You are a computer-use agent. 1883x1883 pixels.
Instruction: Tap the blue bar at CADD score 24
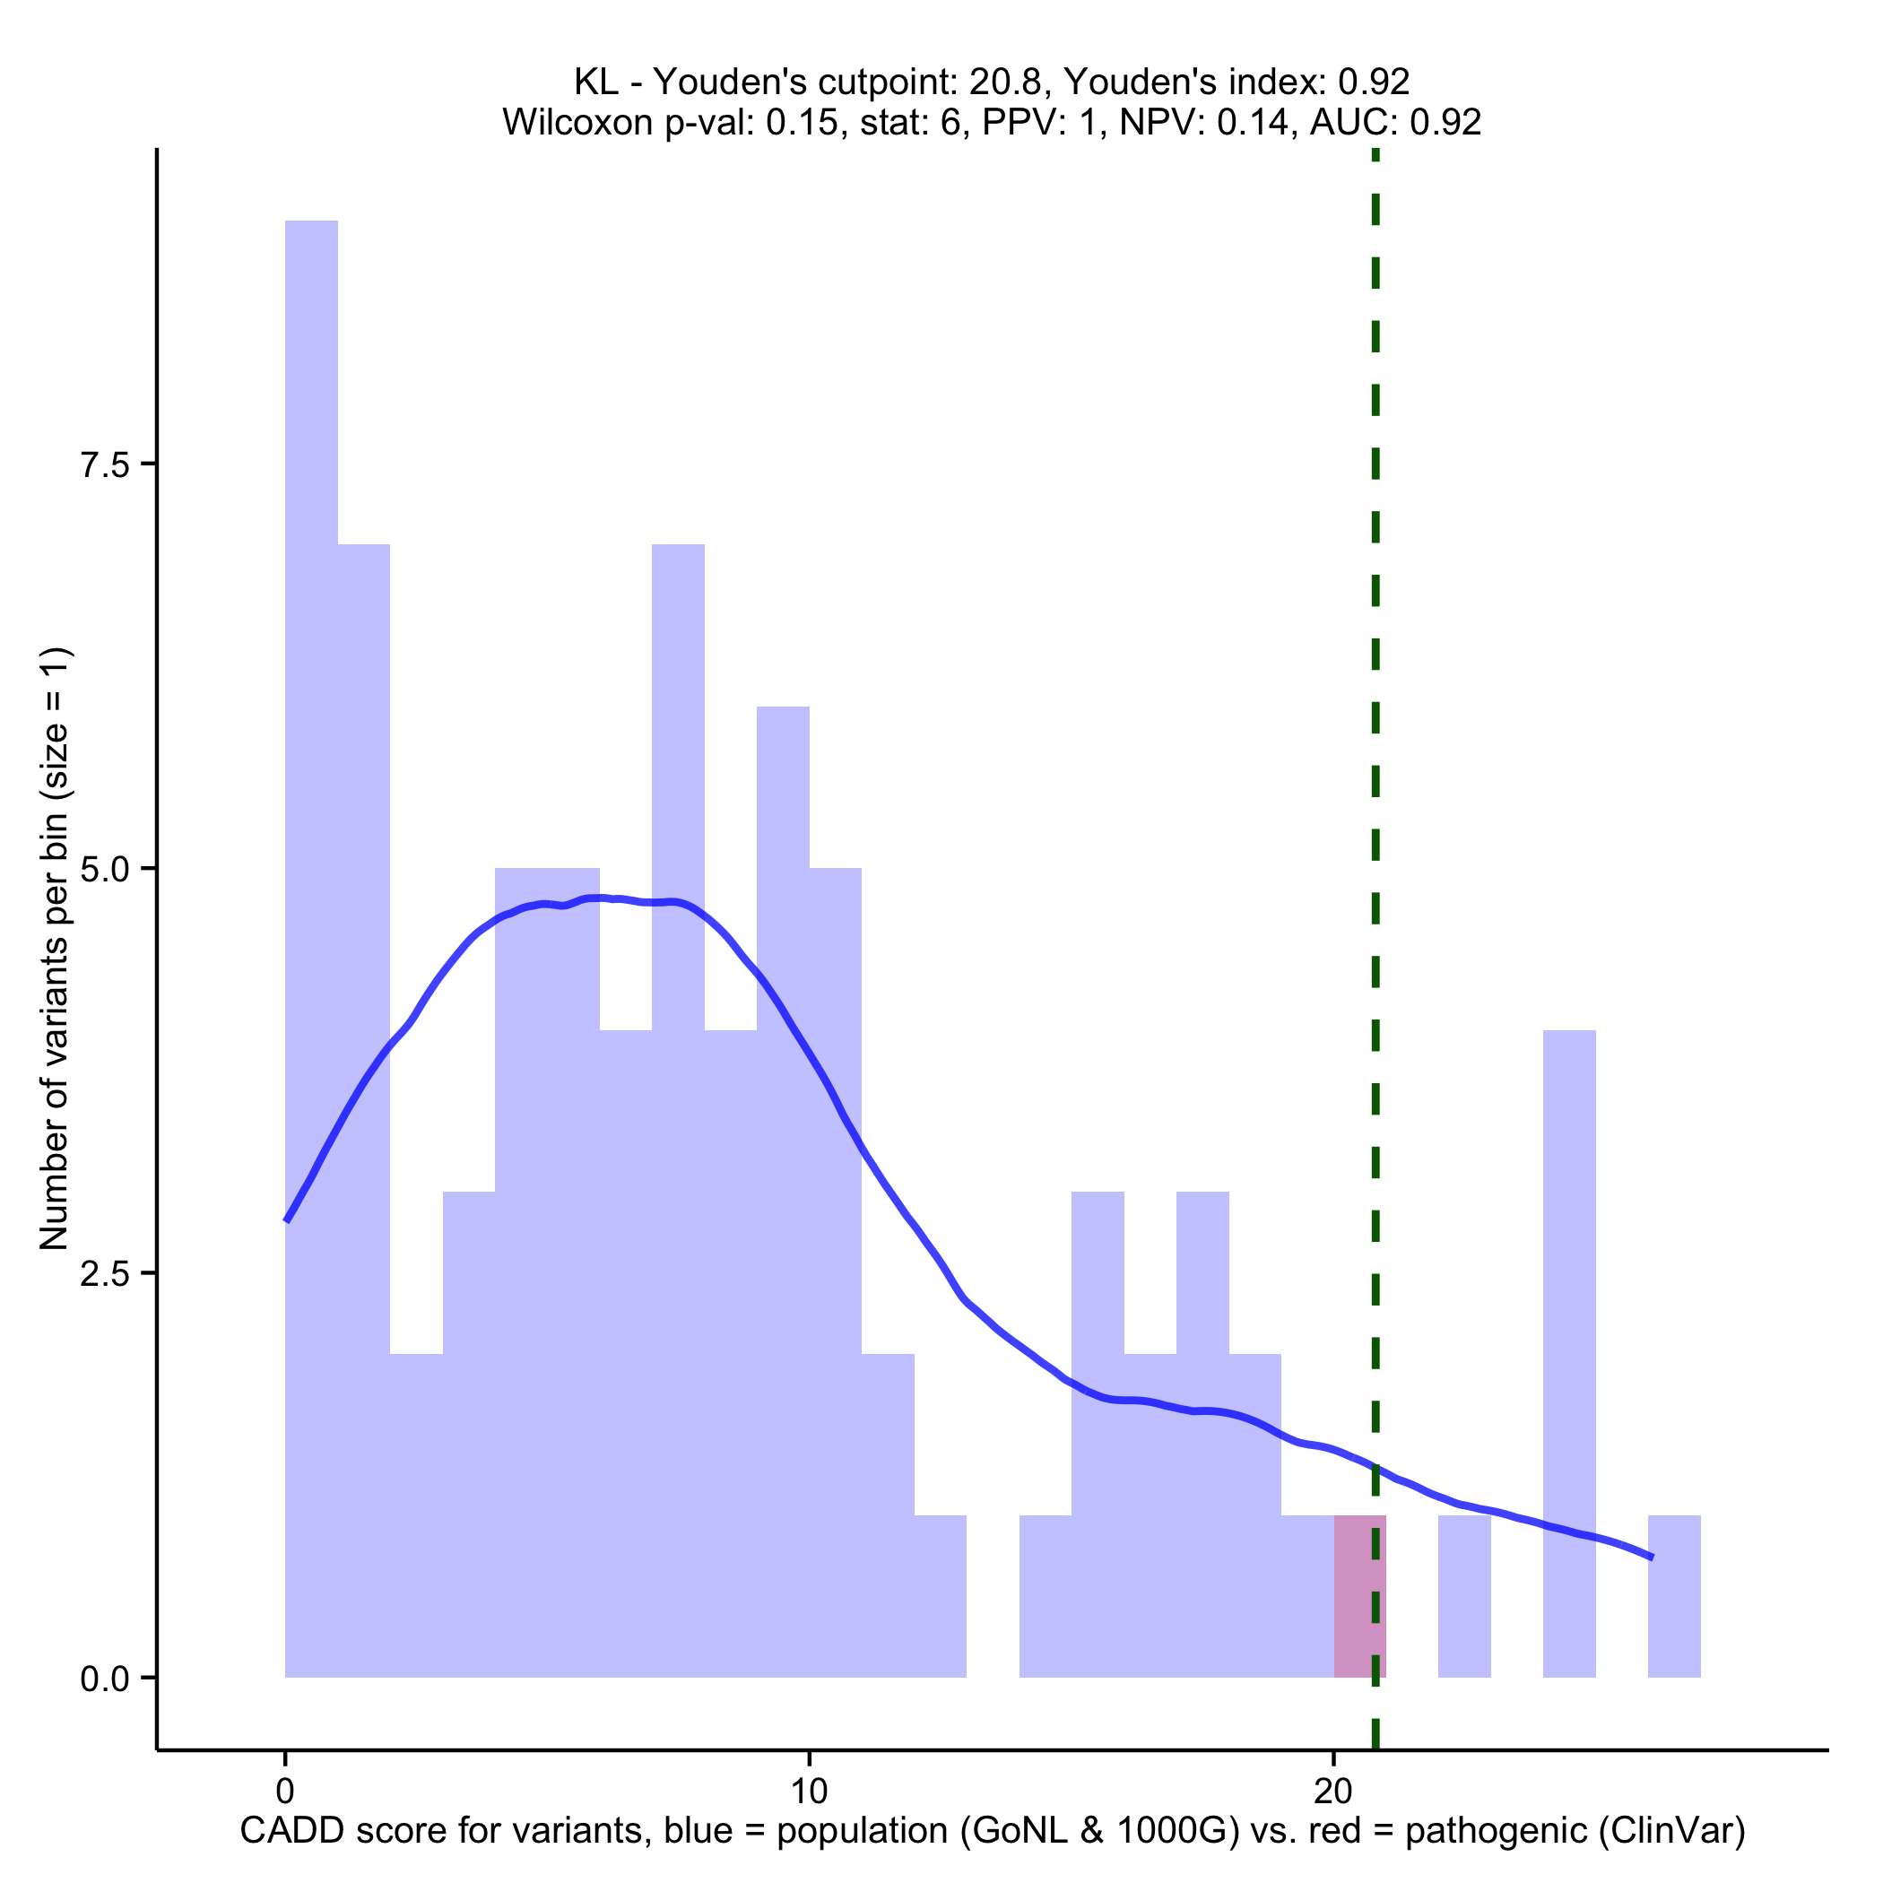click(x=1569, y=1355)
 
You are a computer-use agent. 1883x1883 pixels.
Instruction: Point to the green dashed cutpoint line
click(x=1375, y=682)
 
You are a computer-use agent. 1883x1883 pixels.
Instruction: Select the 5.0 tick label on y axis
click(x=105, y=870)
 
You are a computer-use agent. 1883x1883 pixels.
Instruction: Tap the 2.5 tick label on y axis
click(x=105, y=1274)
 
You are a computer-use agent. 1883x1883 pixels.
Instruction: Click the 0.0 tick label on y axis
click(x=105, y=1679)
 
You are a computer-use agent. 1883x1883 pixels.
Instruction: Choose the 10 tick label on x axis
click(x=808, y=1791)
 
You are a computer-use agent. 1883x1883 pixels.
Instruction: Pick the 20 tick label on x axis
click(x=1332, y=1791)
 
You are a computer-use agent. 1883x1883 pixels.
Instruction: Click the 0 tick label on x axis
click(x=284, y=1791)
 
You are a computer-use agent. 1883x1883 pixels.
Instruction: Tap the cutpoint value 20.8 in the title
click(x=1004, y=82)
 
